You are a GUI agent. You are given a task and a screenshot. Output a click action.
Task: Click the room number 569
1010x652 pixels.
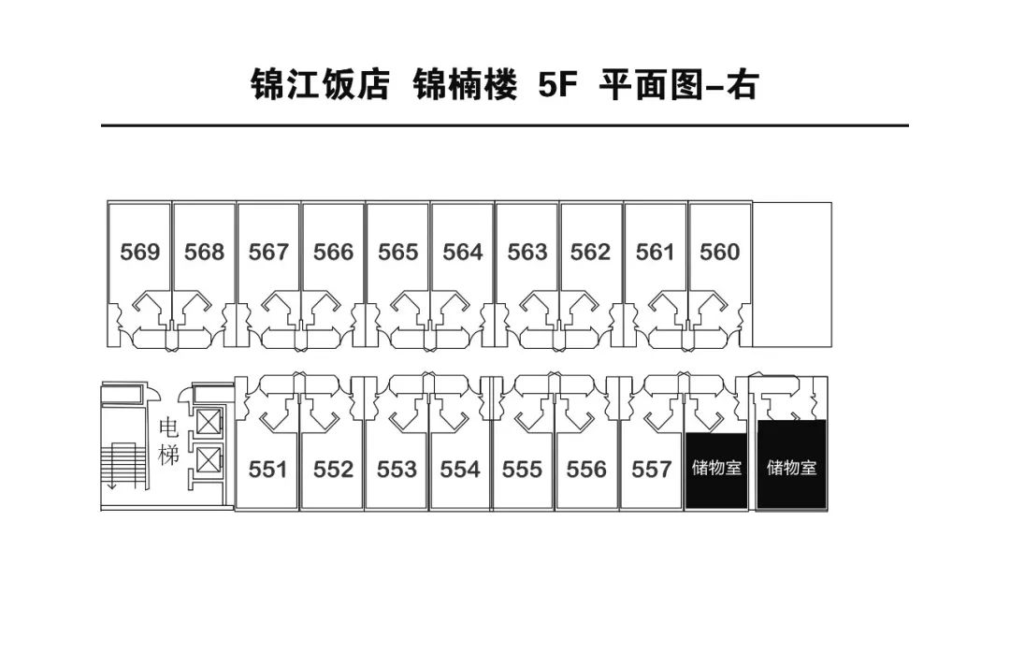tap(140, 252)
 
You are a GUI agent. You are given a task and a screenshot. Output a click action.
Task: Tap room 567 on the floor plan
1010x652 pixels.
tap(268, 252)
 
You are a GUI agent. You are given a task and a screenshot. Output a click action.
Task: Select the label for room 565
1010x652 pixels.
tap(397, 252)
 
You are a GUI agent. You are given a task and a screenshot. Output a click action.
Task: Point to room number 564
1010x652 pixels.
tap(462, 252)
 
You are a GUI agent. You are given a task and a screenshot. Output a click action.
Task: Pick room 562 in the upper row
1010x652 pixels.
tap(590, 252)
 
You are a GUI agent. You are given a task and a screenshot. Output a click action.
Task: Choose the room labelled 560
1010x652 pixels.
tap(719, 252)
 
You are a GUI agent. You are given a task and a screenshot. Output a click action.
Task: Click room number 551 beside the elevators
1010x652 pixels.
tap(268, 469)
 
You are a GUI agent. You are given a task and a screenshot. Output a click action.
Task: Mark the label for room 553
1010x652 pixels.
tap(397, 469)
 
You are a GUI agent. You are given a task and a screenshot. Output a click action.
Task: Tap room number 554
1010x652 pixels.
tap(460, 469)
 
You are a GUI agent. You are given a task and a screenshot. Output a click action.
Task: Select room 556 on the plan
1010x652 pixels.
tap(586, 469)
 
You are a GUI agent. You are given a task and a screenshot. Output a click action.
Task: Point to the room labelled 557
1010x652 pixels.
tap(652, 469)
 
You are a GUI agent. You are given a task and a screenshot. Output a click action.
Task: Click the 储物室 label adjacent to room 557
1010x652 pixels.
tap(716, 467)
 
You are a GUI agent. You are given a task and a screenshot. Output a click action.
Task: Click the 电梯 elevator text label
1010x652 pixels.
tap(169, 442)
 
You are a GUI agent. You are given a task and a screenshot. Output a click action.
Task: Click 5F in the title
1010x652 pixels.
tap(558, 85)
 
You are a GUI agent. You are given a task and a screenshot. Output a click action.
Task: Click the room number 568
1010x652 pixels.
tap(204, 252)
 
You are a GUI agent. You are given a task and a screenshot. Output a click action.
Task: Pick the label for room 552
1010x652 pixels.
tap(333, 469)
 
